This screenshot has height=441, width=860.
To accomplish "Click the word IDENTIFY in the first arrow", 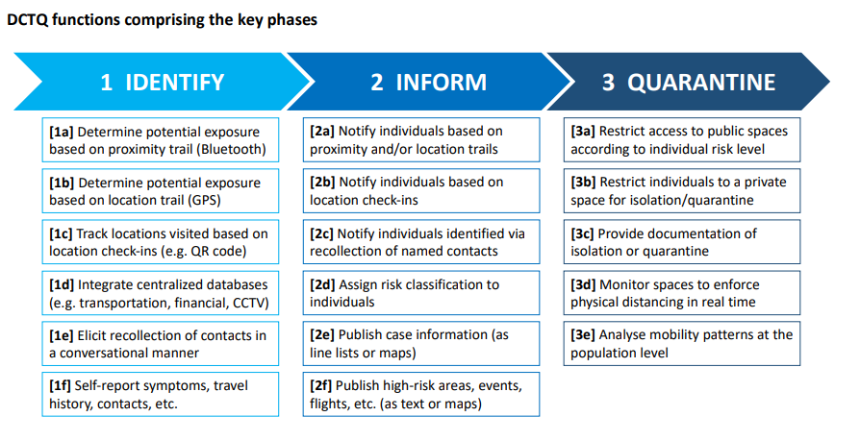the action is pyautogui.click(x=175, y=83).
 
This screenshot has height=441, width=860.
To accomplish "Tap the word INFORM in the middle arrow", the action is pyautogui.click(x=441, y=83).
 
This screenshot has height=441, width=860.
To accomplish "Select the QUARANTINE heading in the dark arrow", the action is pyautogui.click(x=701, y=83).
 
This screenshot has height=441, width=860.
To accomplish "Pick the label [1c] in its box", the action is pyautogui.click(x=61, y=233).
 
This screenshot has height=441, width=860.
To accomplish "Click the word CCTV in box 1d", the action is pyautogui.click(x=247, y=303).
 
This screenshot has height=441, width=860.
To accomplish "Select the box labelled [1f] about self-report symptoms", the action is pyautogui.click(x=160, y=395).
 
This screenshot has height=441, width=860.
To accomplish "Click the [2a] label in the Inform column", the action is pyautogui.click(x=322, y=132).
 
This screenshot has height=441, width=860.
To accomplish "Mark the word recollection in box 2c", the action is pyautogui.click(x=344, y=252).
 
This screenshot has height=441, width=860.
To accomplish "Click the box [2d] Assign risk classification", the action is pyautogui.click(x=421, y=292).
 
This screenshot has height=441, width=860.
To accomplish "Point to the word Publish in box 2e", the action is pyautogui.click(x=361, y=334).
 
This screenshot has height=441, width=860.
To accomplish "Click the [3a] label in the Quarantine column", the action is pyautogui.click(x=583, y=132).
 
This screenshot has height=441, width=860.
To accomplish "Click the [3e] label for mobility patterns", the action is pyautogui.click(x=583, y=334).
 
